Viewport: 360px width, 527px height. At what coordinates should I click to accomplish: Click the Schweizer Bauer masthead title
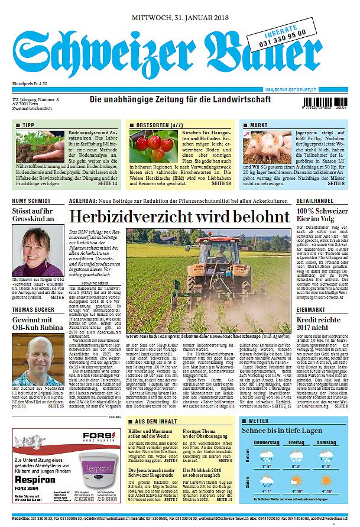pyautogui.click(x=171, y=57)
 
